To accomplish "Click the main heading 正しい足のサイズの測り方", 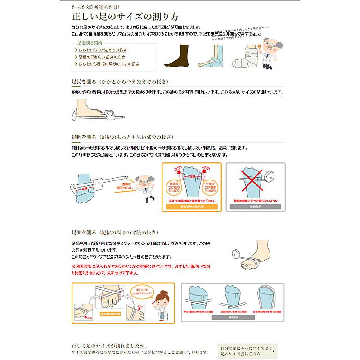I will click(x=126, y=17).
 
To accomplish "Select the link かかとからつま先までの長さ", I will click(x=103, y=50).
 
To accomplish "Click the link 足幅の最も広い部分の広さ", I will click(x=103, y=57).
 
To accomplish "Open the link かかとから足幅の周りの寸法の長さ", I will click(x=108, y=64).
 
